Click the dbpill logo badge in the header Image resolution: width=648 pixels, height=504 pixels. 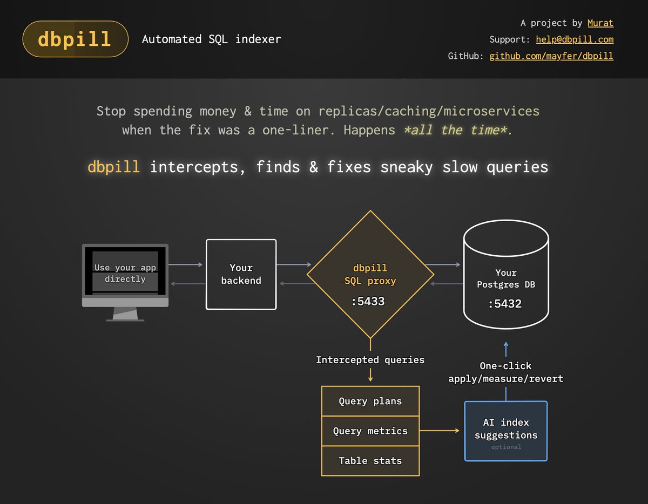tap(75, 39)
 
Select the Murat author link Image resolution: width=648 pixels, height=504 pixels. tap(600, 23)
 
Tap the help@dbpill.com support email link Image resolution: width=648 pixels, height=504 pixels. tap(575, 39)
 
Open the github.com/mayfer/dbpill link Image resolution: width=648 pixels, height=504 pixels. tap(551, 56)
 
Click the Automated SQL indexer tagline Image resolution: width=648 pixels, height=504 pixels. tap(211, 39)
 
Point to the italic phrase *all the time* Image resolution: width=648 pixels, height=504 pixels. tap(455, 130)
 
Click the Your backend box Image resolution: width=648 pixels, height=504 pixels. tap(241, 274)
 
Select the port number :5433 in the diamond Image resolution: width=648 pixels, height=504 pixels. tap(368, 302)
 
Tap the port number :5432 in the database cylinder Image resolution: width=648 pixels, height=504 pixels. tap(505, 304)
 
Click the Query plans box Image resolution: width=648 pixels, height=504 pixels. tap(370, 401)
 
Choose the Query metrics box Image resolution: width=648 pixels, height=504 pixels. tap(370, 431)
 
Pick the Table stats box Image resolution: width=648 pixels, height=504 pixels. tap(370, 460)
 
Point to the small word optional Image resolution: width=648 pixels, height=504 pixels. tap(506, 447)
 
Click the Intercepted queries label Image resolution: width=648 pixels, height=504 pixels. tap(370, 360)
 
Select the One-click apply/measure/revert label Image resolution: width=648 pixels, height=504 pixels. tap(505, 372)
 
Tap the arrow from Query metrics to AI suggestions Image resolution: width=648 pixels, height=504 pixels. tap(440, 431)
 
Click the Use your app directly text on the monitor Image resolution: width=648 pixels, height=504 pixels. tap(125, 273)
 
